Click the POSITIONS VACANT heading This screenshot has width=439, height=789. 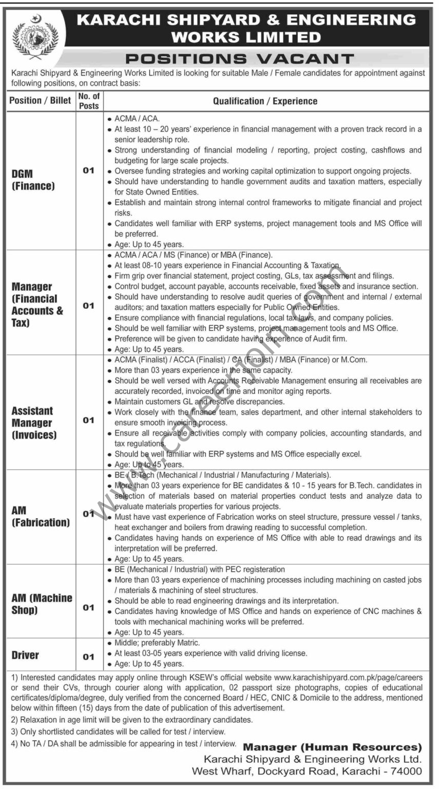pyautogui.click(x=240, y=59)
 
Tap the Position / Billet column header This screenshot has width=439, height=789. pyautogui.click(x=40, y=101)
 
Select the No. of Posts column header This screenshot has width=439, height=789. pyautogui.click(x=89, y=101)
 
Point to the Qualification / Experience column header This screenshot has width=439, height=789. pyautogui.click(x=265, y=101)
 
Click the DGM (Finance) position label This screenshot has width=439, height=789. pyautogui.click(x=33, y=180)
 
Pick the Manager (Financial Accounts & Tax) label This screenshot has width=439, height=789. pyautogui.click(x=37, y=305)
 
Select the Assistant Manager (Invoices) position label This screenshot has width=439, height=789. pyautogui.click(x=34, y=423)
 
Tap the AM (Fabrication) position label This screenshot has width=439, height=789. pyautogui.click(x=41, y=516)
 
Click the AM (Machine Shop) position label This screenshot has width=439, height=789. pyautogui.click(x=42, y=604)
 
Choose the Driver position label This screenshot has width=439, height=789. pyautogui.click(x=25, y=655)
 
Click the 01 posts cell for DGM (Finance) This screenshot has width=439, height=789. pyautogui.click(x=89, y=171)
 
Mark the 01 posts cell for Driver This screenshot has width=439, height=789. pyautogui.click(x=89, y=656)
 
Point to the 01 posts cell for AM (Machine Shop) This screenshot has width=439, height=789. pyautogui.click(x=89, y=608)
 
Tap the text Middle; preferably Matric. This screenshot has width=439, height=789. pyautogui.click(x=157, y=643)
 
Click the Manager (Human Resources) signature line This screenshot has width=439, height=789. pyautogui.click(x=332, y=747)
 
